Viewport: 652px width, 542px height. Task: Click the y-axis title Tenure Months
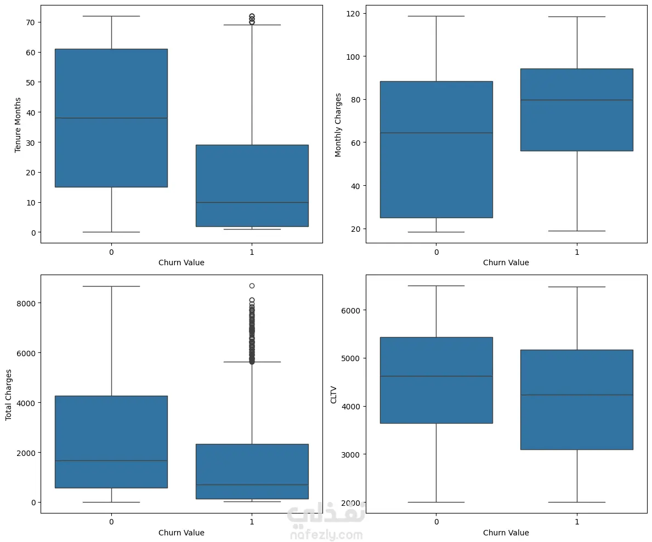click(18, 124)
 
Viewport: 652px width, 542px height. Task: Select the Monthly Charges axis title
click(338, 124)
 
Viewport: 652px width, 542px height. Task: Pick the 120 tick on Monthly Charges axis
click(350, 13)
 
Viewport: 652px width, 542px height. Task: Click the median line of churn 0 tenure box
click(111, 118)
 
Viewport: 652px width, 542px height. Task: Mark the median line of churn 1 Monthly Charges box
click(577, 100)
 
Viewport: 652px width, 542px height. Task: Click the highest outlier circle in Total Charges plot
click(252, 286)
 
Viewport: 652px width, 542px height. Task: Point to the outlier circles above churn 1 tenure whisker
click(252, 19)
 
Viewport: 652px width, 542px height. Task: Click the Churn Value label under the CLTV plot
click(506, 533)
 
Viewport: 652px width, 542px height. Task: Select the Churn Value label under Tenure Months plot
click(181, 263)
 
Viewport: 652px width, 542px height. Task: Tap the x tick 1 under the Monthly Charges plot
click(577, 252)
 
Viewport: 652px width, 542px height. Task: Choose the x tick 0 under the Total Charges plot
click(111, 522)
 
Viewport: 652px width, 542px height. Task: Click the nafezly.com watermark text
click(326, 535)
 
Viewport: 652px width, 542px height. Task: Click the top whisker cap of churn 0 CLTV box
click(436, 286)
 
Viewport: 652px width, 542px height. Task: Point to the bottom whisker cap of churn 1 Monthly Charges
click(577, 231)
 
